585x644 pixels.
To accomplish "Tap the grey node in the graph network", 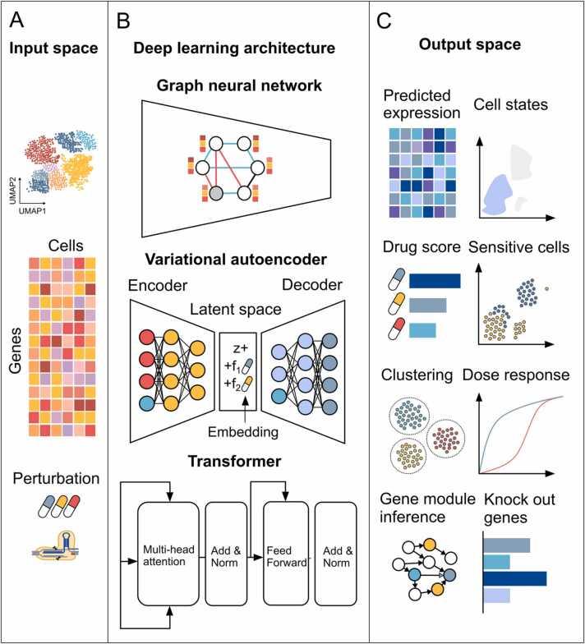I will (214, 194).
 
